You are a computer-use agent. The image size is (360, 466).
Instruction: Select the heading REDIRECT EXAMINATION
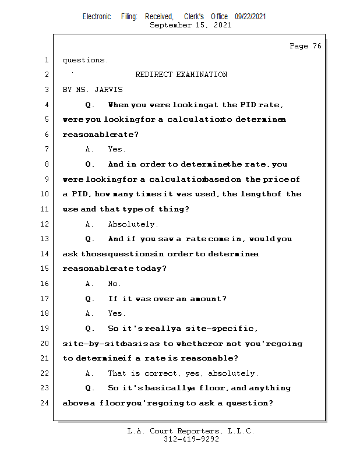coord(181,75)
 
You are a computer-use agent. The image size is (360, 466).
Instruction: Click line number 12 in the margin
coord(45,224)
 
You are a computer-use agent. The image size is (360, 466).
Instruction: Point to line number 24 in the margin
coord(45,403)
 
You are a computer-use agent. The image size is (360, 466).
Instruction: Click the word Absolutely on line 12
coord(132,224)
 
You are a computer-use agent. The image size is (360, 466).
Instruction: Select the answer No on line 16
coord(114,284)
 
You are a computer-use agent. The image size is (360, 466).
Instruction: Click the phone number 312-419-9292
coord(191,440)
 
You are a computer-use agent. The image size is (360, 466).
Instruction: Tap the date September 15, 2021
coord(190,25)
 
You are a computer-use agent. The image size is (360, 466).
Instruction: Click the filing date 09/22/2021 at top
coord(250,17)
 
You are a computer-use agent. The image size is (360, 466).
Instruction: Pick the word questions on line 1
coord(84,60)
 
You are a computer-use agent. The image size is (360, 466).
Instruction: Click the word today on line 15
coord(151,269)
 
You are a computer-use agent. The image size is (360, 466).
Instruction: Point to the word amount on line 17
coord(207,299)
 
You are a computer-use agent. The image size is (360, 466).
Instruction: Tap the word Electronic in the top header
coord(97,17)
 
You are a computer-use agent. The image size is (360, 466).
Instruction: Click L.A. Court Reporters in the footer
coord(171,431)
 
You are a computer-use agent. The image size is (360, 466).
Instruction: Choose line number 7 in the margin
coord(45,150)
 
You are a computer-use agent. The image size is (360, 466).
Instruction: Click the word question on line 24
coord(249,403)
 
